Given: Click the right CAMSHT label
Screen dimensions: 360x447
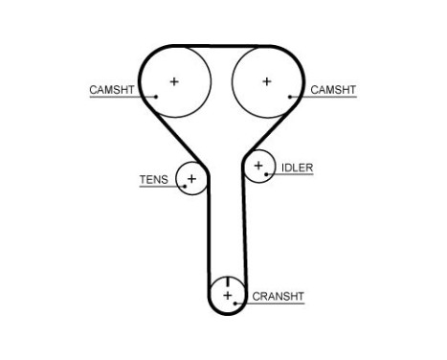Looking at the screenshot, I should tap(333, 90).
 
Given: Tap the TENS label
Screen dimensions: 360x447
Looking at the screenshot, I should tap(153, 179).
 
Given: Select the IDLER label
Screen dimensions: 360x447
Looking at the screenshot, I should tap(297, 168).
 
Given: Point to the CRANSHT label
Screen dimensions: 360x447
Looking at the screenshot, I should tap(278, 297).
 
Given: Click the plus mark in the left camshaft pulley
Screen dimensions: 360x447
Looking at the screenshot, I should tap(174, 81).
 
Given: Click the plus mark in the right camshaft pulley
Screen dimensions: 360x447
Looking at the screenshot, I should tap(266, 81).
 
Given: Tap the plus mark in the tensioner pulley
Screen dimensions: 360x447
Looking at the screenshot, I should tap(191, 179).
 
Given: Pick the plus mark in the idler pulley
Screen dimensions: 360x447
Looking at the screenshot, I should tap(257, 167).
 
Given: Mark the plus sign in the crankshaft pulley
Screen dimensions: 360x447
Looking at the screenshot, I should tap(228, 295).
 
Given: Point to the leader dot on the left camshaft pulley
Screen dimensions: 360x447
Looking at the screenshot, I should tap(156, 96).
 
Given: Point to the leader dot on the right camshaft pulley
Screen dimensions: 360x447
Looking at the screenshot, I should tap(287, 96).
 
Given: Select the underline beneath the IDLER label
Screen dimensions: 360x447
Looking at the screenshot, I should tap(295, 175).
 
